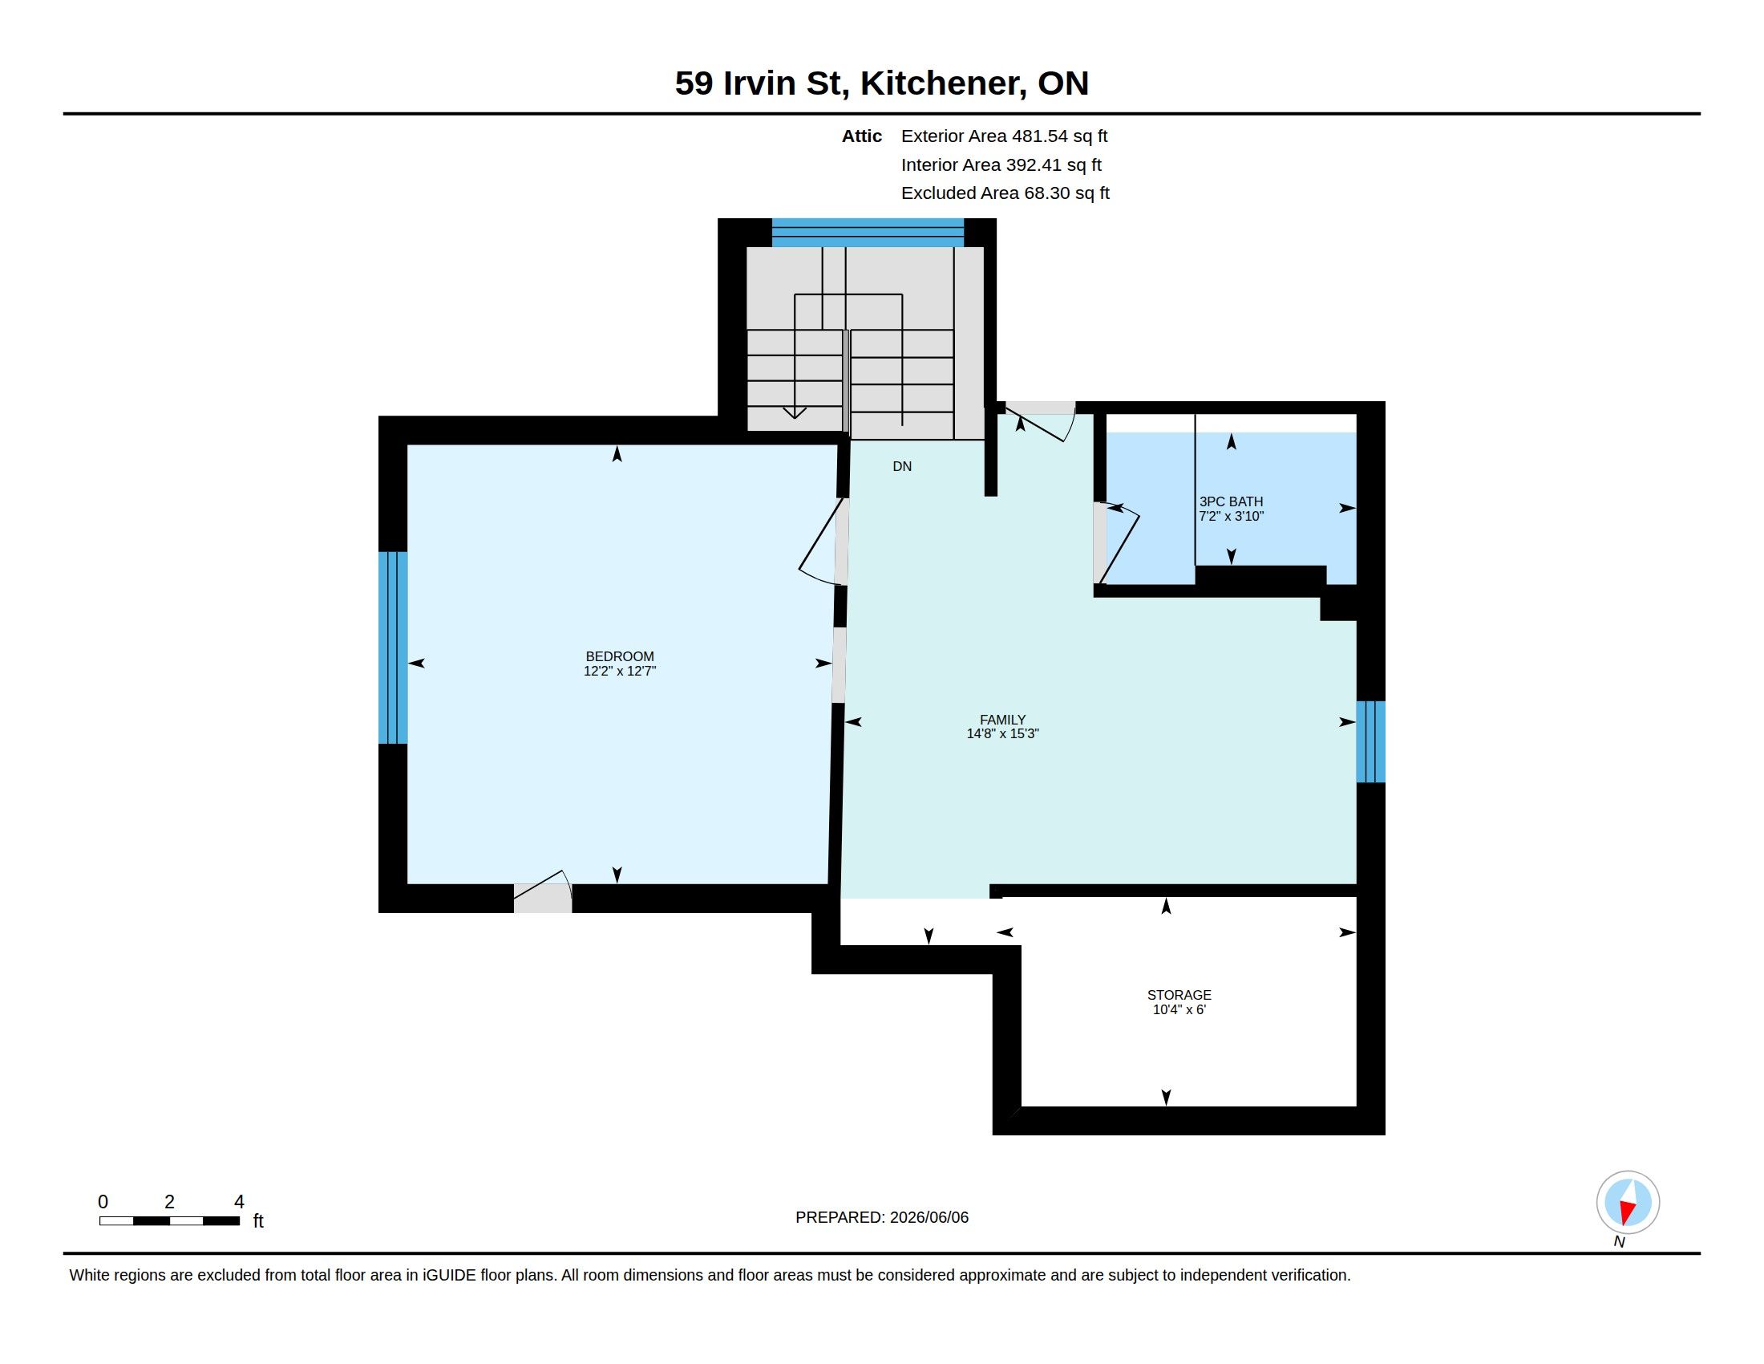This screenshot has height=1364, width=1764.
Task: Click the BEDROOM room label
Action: point(620,656)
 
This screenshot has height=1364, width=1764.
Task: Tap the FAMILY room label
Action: point(1002,719)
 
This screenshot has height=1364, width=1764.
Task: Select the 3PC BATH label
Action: point(1231,501)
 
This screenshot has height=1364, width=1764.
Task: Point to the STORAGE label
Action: point(1179,995)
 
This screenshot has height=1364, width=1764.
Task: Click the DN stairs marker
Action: point(902,466)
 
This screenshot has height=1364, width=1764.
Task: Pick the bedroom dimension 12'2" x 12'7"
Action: point(620,671)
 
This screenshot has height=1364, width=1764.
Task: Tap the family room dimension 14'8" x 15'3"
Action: point(1002,733)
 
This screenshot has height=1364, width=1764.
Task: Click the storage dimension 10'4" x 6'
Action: point(1179,1009)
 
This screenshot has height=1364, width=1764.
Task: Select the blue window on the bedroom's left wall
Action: point(393,647)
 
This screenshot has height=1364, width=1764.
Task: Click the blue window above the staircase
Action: point(868,232)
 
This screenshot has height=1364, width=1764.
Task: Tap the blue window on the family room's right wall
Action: point(1370,742)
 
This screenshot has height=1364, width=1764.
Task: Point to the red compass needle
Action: point(1626,1212)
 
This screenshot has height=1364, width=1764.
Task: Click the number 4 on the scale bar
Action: point(239,1202)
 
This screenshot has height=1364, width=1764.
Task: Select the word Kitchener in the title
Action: point(943,83)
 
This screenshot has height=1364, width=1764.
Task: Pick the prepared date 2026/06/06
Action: point(929,1217)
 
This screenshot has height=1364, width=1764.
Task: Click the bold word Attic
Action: point(862,136)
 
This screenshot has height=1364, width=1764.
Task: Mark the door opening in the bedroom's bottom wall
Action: point(543,899)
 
